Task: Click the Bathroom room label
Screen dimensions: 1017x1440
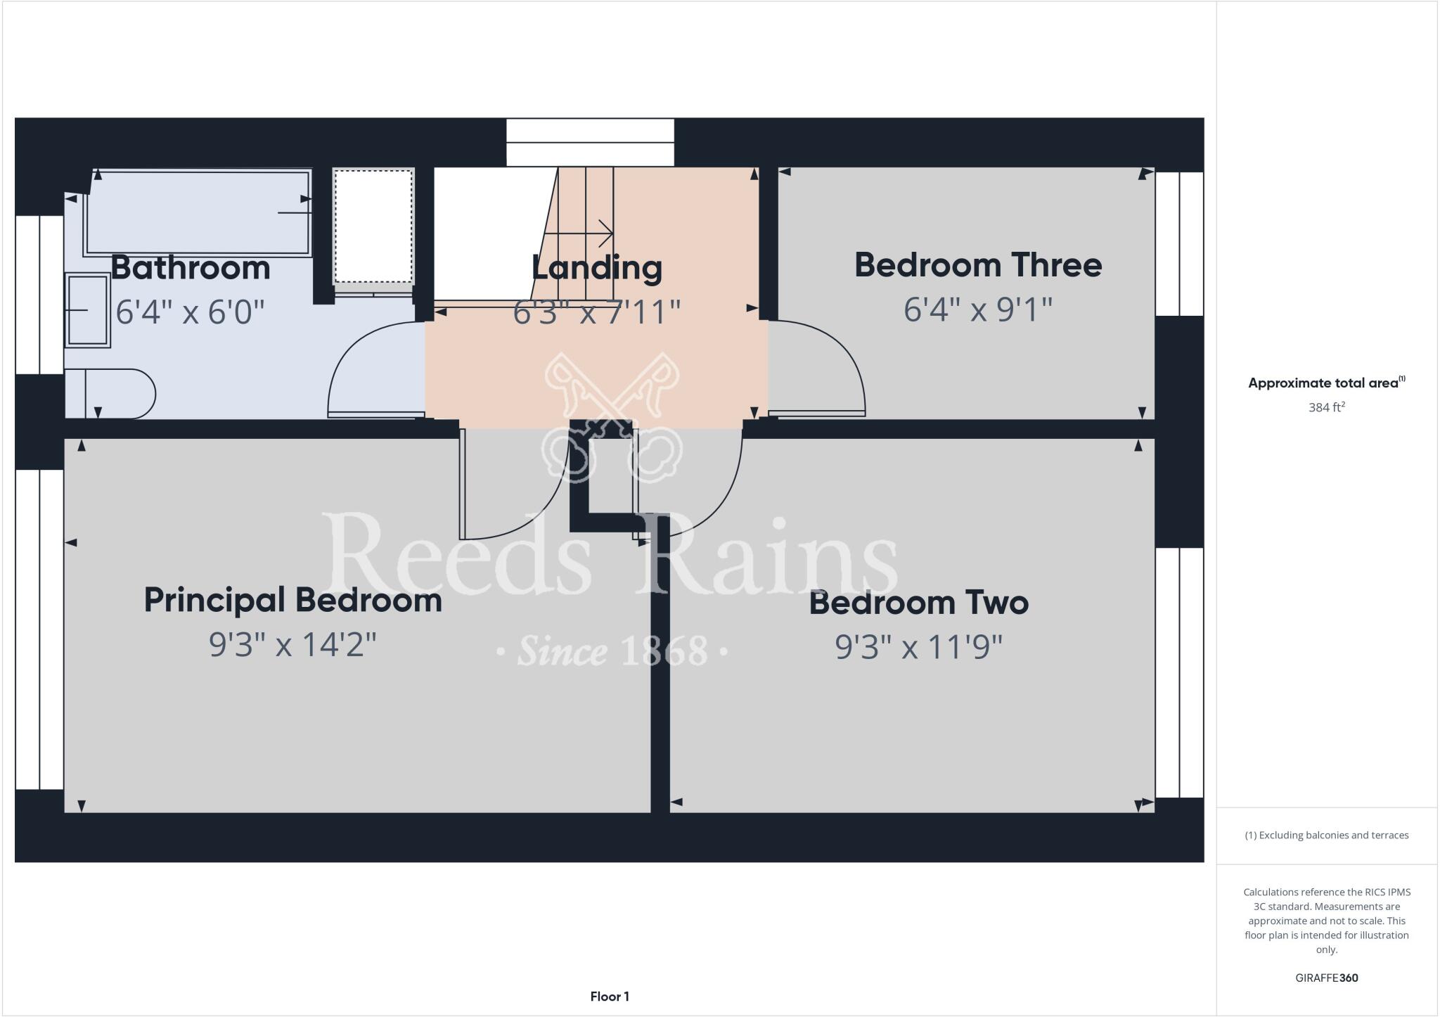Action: pos(191,268)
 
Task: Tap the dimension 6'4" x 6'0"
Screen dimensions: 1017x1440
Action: pos(190,311)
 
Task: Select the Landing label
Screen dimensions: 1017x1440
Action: pos(596,267)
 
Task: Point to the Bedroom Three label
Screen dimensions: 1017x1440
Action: pos(977,265)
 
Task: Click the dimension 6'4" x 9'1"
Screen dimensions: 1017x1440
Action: pos(977,309)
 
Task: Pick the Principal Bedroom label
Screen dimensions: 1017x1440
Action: pos(292,600)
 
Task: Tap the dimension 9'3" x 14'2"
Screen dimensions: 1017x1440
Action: pos(292,644)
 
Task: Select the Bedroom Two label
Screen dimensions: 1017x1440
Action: pos(918,603)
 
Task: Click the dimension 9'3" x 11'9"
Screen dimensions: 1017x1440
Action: pos(918,646)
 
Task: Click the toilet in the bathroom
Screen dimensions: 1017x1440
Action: pos(116,394)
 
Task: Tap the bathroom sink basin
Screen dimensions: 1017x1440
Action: pos(88,310)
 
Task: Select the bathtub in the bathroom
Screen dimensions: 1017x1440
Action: pos(197,212)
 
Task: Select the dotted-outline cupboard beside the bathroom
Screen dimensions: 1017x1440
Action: pos(373,226)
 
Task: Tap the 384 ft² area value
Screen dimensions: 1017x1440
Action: pos(1326,407)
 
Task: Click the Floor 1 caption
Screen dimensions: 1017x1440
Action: pos(610,996)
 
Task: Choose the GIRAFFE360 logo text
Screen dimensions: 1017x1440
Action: pos(1326,978)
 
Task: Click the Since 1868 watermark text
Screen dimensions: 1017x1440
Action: pos(612,651)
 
